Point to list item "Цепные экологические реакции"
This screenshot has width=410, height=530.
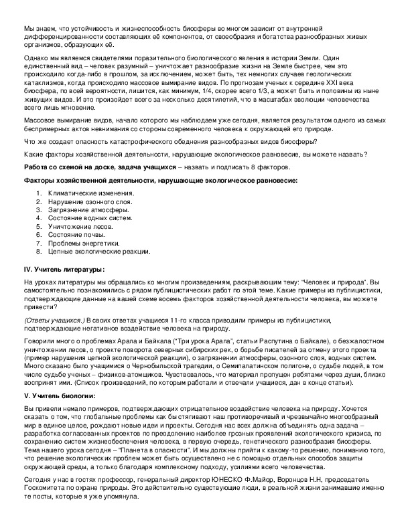pos(98,252)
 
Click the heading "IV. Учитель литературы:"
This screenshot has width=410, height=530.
pos(64,269)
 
